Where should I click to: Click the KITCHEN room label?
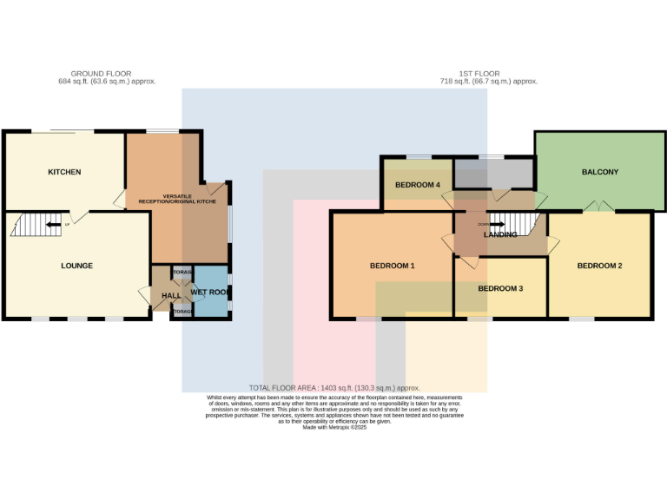64,172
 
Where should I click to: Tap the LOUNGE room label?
76,266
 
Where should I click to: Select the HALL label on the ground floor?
171,296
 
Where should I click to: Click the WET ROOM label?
208,293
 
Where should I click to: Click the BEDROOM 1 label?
393,266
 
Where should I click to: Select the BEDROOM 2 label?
599,266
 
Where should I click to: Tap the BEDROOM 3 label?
500,288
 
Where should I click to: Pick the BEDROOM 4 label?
418,185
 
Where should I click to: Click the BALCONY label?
599,172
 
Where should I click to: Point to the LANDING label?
500,234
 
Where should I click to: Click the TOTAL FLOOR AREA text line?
334,388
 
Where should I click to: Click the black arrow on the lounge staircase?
54,225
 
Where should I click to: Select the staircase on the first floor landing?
508,224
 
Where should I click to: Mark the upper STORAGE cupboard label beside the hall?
182,273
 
